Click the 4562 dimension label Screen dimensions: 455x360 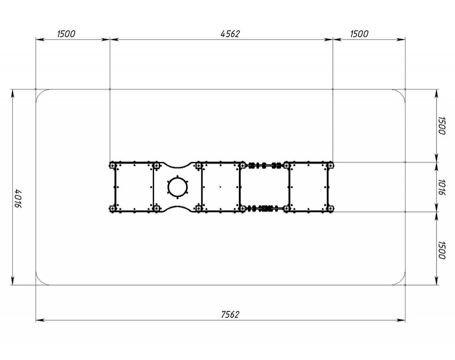(x=230, y=34)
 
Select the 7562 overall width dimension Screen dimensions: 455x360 (x=230, y=315)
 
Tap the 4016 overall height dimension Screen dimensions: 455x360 (x=18, y=199)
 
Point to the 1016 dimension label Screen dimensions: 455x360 (x=441, y=187)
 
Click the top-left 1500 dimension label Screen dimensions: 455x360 (x=66, y=34)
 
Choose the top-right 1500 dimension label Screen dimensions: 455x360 (x=359, y=34)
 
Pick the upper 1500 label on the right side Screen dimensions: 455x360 (x=441, y=125)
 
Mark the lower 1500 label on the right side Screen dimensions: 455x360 (x=441, y=250)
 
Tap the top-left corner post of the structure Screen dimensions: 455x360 (x=112, y=165)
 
